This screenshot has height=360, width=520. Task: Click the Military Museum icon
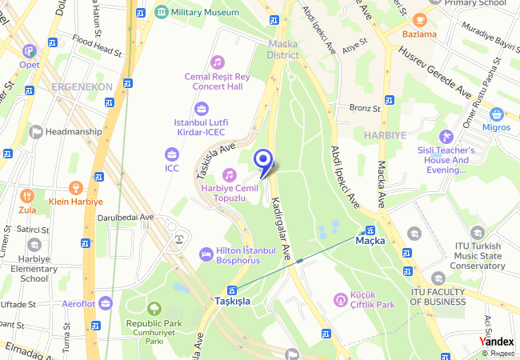162,13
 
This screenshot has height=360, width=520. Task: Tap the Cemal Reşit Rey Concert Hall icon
217,62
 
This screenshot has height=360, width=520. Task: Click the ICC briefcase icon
172,154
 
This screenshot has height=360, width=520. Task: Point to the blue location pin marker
263,162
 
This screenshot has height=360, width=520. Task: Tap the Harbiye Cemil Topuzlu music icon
230,174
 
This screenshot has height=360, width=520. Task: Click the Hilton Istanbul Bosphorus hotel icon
206,254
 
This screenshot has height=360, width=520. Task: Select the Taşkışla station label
232,301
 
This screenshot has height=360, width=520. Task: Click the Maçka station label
370,240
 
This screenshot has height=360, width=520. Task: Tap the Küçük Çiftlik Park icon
341,300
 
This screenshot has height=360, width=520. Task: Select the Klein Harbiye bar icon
77,188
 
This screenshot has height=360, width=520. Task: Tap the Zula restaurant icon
27,196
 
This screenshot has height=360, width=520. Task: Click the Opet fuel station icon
30,50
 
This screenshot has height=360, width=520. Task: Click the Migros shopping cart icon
496,114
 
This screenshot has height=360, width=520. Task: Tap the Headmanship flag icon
35,132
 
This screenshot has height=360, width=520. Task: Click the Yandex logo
498,342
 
